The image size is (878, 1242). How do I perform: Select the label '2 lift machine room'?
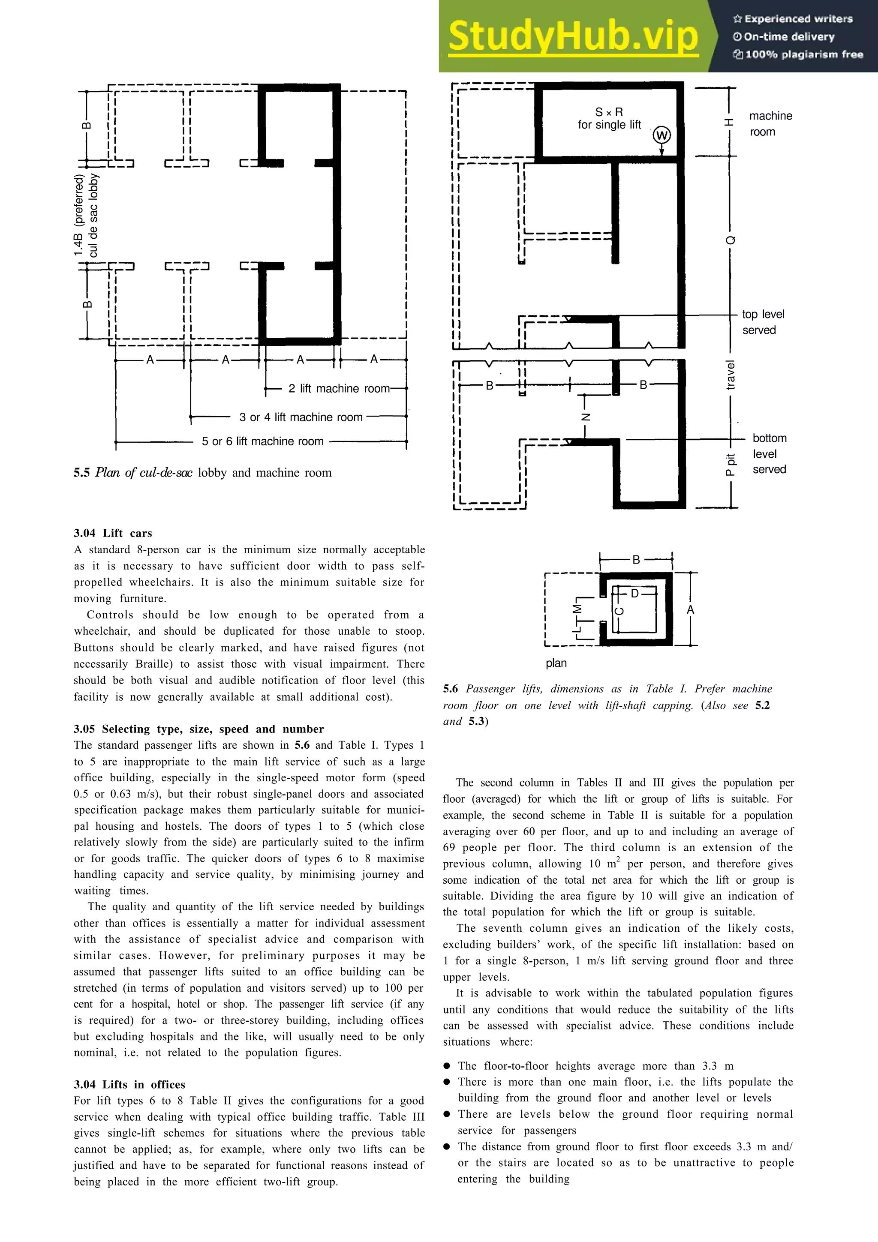[339, 388]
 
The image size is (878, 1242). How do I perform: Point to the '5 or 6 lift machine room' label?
[262, 441]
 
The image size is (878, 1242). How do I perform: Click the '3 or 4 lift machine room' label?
[301, 417]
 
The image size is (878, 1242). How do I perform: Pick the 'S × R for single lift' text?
[609, 118]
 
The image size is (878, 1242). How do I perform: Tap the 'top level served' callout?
[762, 322]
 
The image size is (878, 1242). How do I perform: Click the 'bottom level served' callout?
[769, 453]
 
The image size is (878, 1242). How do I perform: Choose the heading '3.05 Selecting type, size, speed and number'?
[198, 729]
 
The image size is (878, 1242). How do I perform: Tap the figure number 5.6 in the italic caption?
[450, 689]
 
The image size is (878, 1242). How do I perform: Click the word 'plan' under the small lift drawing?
[556, 663]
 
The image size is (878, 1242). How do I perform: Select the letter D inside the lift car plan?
[635, 594]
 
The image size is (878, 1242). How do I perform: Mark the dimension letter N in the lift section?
[585, 417]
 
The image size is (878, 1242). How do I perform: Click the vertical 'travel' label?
[731, 375]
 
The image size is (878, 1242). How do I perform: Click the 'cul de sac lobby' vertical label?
[93, 215]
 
